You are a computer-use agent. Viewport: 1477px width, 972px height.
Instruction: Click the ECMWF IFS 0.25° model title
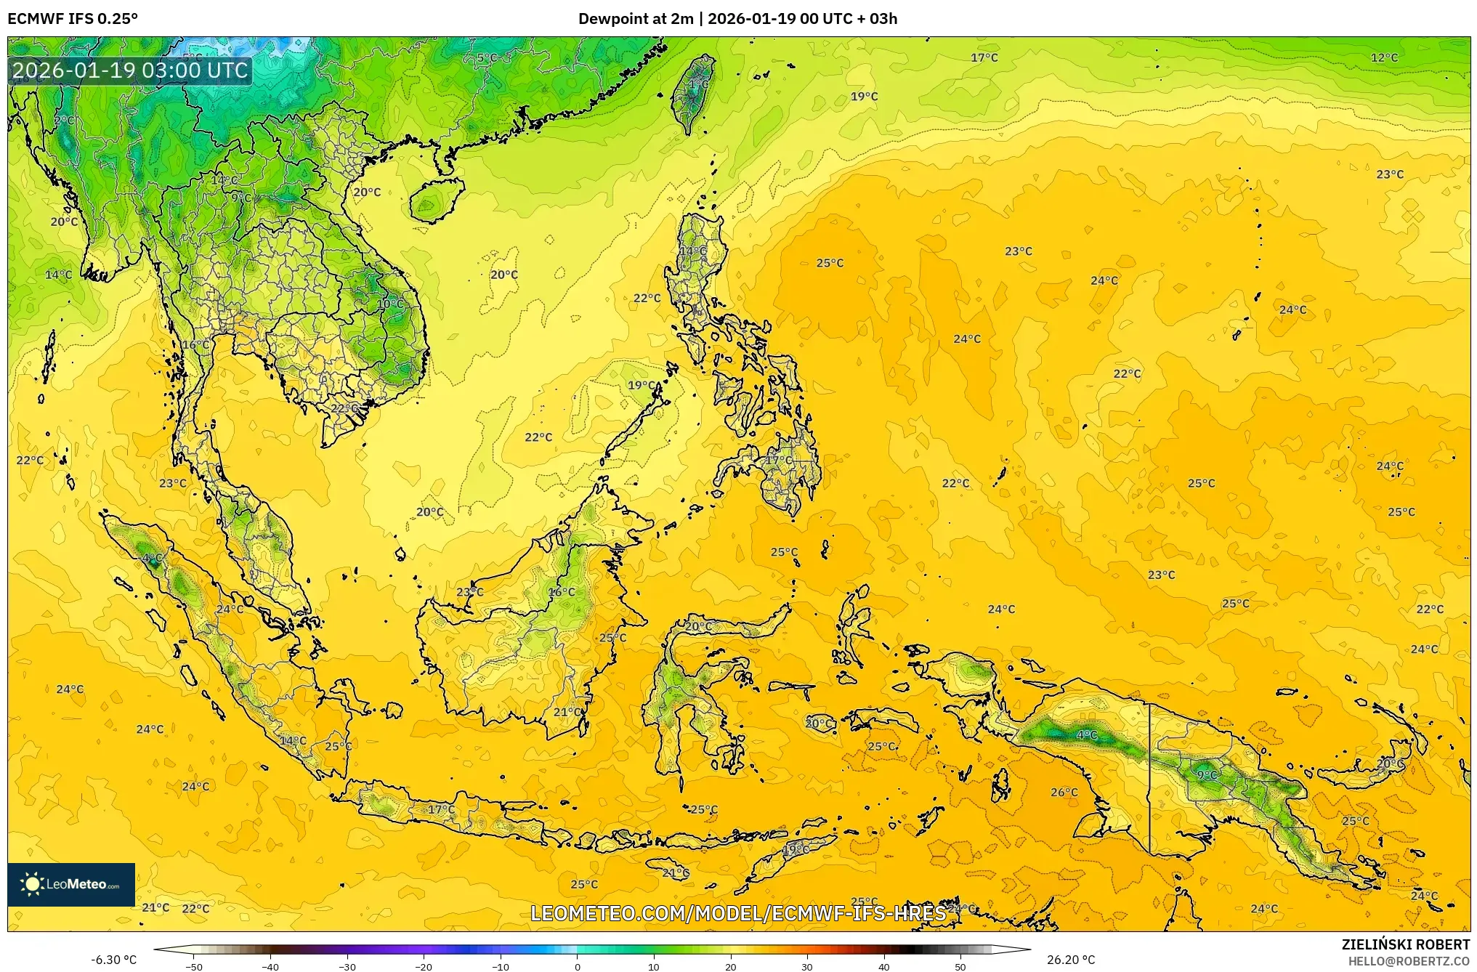[73, 19]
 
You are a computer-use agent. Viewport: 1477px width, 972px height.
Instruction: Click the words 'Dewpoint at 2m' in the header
[635, 19]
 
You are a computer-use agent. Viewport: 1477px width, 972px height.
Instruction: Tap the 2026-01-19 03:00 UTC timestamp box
[131, 70]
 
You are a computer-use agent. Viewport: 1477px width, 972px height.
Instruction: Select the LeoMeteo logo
[71, 884]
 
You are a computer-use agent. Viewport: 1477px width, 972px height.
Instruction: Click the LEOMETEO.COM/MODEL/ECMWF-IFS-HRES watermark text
[738, 913]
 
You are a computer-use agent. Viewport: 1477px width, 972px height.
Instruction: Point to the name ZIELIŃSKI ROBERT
[1405, 944]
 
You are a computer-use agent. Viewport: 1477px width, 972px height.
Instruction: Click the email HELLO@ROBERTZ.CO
[1409, 961]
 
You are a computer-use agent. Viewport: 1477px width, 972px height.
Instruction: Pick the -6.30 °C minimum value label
[113, 960]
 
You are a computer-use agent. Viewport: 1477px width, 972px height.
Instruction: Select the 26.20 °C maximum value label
[1071, 960]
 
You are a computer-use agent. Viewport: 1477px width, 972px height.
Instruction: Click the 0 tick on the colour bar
[578, 966]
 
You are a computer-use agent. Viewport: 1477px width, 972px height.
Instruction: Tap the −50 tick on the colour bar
[194, 966]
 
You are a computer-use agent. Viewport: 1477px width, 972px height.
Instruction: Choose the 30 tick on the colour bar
[807, 966]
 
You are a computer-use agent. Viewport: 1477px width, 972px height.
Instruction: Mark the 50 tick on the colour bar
[960, 966]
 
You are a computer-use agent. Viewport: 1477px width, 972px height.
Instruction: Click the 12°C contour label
[1384, 58]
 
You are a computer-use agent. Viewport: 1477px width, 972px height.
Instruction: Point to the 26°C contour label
[1064, 792]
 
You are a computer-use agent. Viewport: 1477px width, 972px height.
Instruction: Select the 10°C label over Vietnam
[391, 304]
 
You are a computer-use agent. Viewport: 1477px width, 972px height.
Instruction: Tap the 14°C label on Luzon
[692, 251]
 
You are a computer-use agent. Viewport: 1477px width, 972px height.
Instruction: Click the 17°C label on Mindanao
[779, 461]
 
